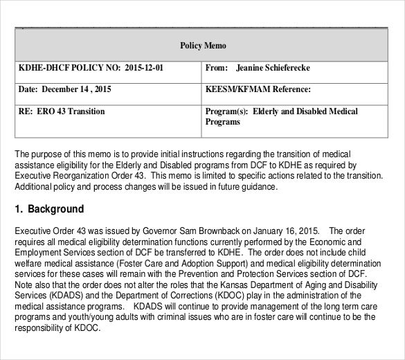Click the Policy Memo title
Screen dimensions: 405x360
pos(204,46)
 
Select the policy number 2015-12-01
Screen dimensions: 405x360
pos(145,69)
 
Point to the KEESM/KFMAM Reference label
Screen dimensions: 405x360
pos(258,90)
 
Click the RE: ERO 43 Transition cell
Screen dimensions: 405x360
pos(62,111)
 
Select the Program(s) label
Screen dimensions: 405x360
pos(226,111)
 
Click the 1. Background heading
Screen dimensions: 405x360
pos(49,208)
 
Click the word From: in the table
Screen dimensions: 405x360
pos(217,69)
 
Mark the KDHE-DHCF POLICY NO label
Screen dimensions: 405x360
pos(60,69)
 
